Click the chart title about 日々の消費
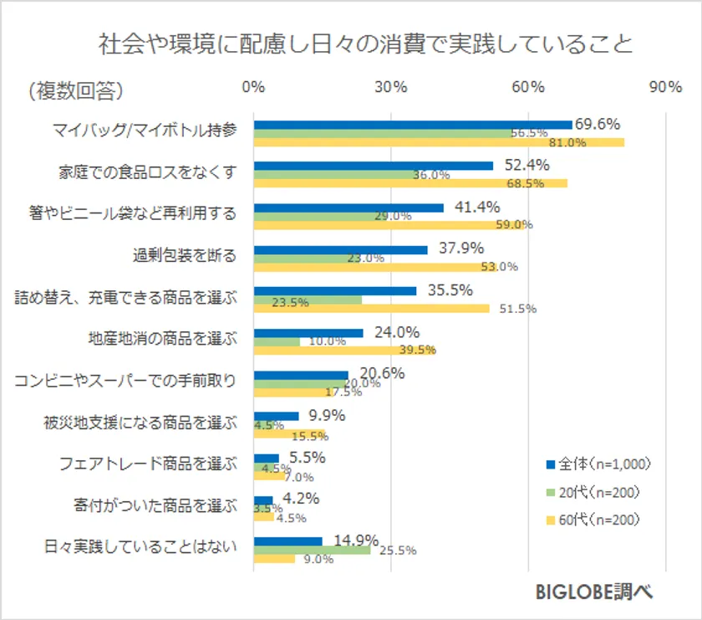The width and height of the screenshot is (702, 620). point(365,44)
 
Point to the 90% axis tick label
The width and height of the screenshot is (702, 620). point(665,88)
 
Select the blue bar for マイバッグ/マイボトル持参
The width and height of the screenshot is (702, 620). point(412,125)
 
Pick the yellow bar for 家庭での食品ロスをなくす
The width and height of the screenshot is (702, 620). point(409,183)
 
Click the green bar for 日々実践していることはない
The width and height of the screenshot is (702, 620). point(312,551)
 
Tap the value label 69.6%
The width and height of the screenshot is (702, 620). point(598,124)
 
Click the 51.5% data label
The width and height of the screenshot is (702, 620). point(518,309)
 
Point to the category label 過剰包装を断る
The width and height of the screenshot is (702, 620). point(184,255)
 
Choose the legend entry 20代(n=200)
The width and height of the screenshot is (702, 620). point(599,492)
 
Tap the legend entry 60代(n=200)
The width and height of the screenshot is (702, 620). point(599,520)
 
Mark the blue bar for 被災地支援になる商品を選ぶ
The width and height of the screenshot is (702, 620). point(276,416)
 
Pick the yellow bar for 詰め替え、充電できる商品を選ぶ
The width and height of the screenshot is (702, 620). point(371,309)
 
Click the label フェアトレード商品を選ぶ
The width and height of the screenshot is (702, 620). point(148,464)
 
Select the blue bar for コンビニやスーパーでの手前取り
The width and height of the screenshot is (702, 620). point(301,375)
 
